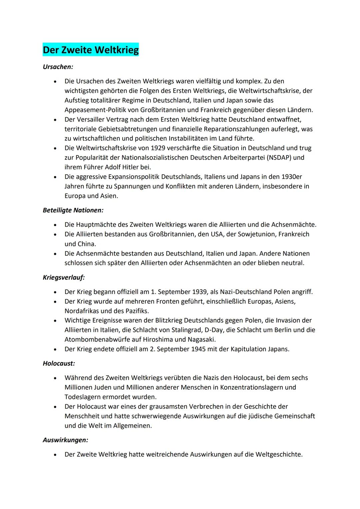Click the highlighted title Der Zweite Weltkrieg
tap(91, 50)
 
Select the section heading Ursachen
tap(58, 67)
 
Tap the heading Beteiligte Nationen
tap(73, 210)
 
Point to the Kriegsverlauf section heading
tap(64, 277)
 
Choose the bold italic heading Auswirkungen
tap(65, 440)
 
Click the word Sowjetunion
tap(256, 234)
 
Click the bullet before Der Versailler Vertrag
tap(55, 119)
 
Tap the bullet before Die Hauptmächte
tap(55, 225)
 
